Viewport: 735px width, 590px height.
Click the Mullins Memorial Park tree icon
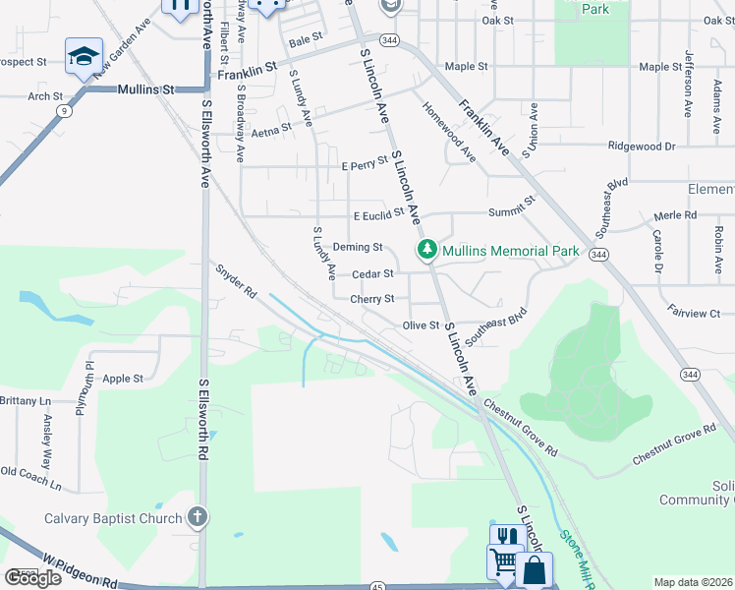pos(427,250)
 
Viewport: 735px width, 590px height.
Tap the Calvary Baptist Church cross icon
pos(197,517)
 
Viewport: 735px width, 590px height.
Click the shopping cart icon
pos(504,563)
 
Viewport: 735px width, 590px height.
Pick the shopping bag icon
pos(534,569)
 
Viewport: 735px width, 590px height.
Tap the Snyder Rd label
pos(236,279)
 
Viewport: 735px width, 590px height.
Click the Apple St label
pos(124,378)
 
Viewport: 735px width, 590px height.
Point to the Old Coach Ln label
pos(30,479)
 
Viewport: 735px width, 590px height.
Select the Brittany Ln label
pos(25,401)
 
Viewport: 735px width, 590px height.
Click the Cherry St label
pos(372,299)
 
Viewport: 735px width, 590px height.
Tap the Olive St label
pos(420,324)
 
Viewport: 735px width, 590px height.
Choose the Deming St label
pos(357,247)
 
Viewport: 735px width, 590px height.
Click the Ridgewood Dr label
pos(642,147)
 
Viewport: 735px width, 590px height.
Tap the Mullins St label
pos(145,88)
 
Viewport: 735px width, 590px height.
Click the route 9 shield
pos(64,111)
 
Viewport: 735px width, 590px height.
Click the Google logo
pos(32,577)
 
